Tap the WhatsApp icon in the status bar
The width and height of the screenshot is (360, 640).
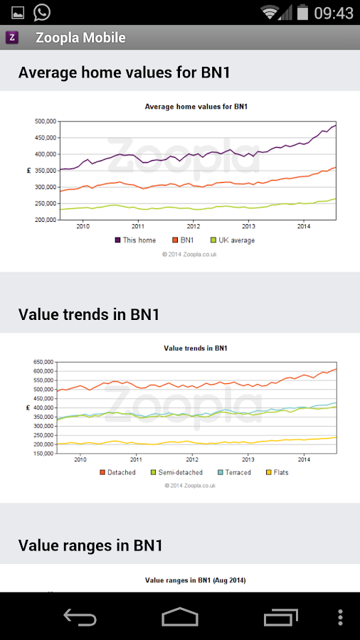pos(42,12)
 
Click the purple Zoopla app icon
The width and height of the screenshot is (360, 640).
pos(12,38)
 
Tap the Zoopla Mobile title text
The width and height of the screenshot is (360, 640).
pos(80,38)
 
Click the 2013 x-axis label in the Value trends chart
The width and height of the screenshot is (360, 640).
pos(248,459)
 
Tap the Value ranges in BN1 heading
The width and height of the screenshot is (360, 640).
pos(90,545)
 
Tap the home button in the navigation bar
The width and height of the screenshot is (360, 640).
pos(180,617)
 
